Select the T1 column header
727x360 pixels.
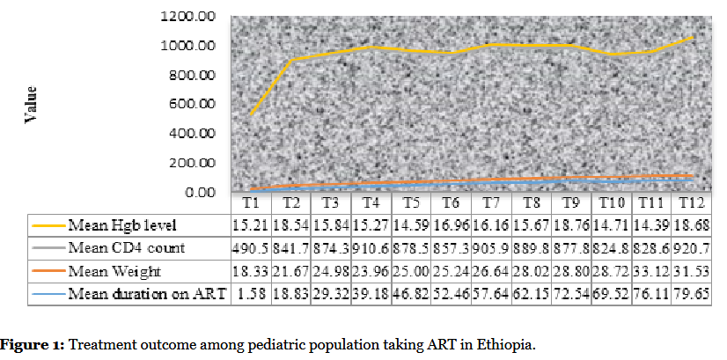coord(250,202)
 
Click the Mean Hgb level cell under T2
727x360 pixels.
coord(290,225)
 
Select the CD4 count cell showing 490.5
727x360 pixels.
coord(250,249)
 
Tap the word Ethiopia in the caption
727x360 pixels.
coord(503,342)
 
